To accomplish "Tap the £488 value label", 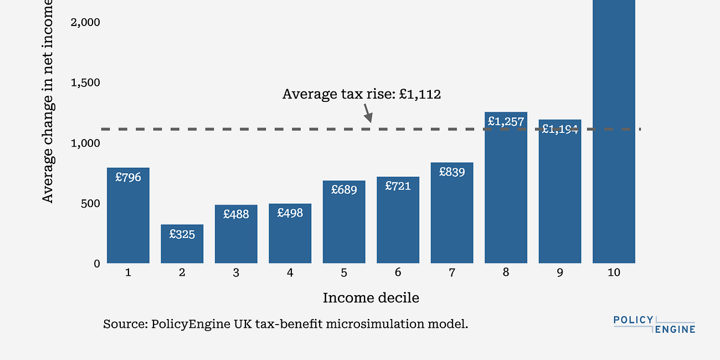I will pyautogui.click(x=236, y=214).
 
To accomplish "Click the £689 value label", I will pyautogui.click(x=344, y=189).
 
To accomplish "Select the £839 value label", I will pyautogui.click(x=452, y=172).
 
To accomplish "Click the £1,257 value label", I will pyautogui.click(x=505, y=121).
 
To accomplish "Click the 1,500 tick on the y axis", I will pyautogui.click(x=85, y=83).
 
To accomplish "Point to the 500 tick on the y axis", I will pyautogui.click(x=89, y=203).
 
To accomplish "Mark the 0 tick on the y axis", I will pyautogui.click(x=96, y=264).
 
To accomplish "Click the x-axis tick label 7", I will pyautogui.click(x=452, y=273).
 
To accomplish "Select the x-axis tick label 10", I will pyautogui.click(x=614, y=273).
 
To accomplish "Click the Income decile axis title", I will pyautogui.click(x=371, y=298).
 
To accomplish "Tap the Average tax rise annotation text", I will pyautogui.click(x=361, y=94).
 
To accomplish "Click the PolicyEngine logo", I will pyautogui.click(x=654, y=325).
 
